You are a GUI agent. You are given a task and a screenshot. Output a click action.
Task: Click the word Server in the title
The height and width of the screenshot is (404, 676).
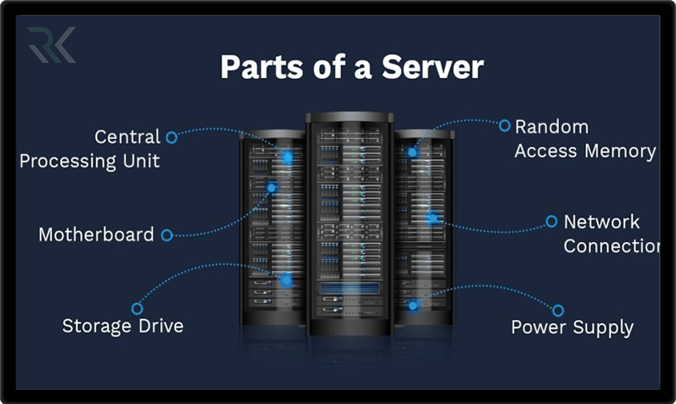pos(432,68)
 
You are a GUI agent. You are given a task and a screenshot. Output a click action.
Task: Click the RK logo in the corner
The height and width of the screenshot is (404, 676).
pos(51,45)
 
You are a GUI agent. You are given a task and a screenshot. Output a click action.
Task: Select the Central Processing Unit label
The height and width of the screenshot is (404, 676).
pos(90,149)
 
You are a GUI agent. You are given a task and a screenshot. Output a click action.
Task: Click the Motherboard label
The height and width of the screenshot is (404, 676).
pos(96,234)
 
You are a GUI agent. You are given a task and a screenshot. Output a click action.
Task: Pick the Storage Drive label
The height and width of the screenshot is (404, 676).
pos(123,325)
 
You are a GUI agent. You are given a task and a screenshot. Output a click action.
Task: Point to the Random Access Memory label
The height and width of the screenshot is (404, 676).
pos(585,139)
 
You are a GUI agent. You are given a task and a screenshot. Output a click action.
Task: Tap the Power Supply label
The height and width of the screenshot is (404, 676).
pos(572,327)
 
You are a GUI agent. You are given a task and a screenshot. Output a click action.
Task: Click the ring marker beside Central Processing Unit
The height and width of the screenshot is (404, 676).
pos(171,137)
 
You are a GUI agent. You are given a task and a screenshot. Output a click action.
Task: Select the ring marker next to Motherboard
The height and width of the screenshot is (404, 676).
pos(167,234)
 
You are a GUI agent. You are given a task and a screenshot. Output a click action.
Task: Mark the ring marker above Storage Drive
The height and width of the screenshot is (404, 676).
pos(137,308)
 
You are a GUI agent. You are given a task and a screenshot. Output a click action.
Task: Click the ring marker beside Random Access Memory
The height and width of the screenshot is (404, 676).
pos(505,125)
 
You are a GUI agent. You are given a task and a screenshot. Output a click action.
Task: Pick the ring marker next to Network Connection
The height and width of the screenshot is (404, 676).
pos(551,222)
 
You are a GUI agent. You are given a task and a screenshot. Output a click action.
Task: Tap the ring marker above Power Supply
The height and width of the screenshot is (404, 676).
pos(558,310)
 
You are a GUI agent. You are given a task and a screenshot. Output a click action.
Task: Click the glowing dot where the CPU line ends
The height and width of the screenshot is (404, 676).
pos(288,158)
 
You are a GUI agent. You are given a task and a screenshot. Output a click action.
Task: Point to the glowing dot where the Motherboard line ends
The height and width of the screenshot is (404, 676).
pos(272,188)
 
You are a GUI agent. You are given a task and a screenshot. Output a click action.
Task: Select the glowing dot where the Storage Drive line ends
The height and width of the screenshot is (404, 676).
pos(286,280)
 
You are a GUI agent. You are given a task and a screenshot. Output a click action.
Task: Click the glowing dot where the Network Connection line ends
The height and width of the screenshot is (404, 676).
pos(432,218)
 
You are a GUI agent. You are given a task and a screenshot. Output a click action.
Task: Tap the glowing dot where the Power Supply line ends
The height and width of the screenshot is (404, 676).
pos(413,304)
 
